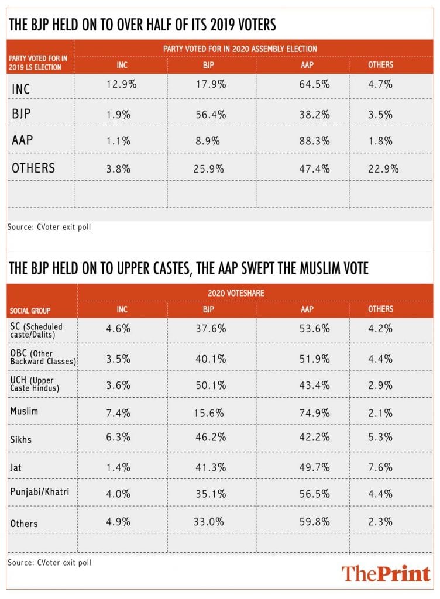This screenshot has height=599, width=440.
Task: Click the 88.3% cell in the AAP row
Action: click(317, 141)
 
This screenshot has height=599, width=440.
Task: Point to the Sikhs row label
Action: click(23, 439)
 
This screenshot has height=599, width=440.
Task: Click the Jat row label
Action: click(16, 466)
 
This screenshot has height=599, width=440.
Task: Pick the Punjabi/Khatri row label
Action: click(40, 492)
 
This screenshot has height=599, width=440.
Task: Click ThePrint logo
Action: click(386, 573)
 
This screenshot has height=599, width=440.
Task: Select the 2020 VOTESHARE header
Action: click(229, 292)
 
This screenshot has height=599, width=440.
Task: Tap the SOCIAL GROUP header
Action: click(30, 310)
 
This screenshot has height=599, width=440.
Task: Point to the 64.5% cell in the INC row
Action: click(317, 85)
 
